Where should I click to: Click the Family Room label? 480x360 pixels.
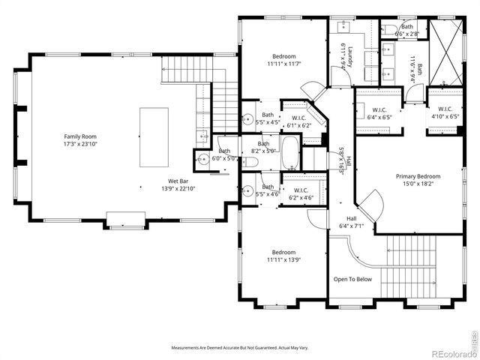pos(81,136)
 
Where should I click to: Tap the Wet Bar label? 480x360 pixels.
pos(178,181)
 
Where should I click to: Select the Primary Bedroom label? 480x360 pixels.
pos(418,176)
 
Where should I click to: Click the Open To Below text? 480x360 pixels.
pos(352,279)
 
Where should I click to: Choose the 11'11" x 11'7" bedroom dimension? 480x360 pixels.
pos(283,64)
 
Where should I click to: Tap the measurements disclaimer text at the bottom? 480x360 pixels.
pos(240,348)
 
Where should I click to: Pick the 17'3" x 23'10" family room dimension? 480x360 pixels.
pos(81,144)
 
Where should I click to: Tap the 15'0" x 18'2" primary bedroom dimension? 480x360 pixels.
pos(418,184)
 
